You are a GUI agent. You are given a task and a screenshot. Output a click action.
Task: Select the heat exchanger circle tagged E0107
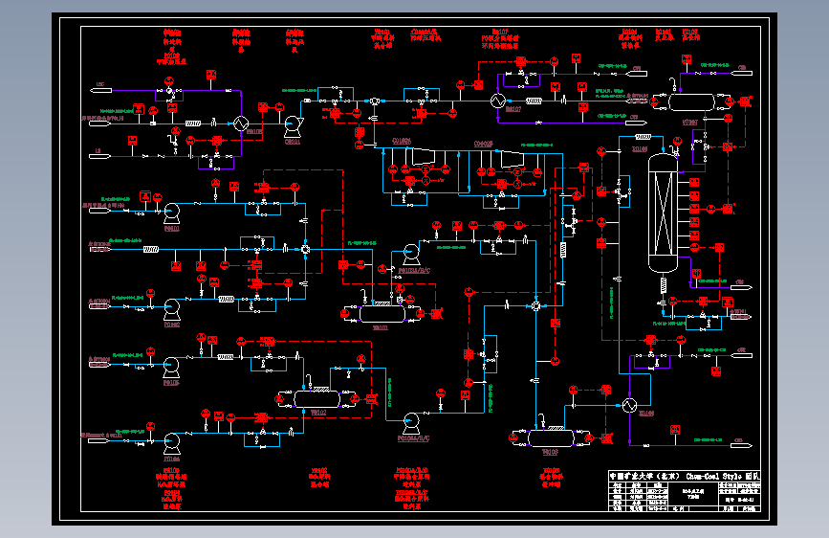pos(497,100)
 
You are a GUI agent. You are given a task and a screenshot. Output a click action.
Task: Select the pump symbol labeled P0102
pos(173,308)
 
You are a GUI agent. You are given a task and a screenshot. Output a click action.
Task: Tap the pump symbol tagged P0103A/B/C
pos(410,254)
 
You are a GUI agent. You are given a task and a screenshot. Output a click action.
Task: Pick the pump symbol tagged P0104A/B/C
pos(413,420)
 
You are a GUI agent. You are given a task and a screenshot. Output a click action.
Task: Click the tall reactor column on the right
pos(661,213)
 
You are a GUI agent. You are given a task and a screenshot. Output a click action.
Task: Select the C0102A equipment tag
pos(403,143)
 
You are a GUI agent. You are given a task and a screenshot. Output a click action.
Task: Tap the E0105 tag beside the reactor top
pos(640,149)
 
